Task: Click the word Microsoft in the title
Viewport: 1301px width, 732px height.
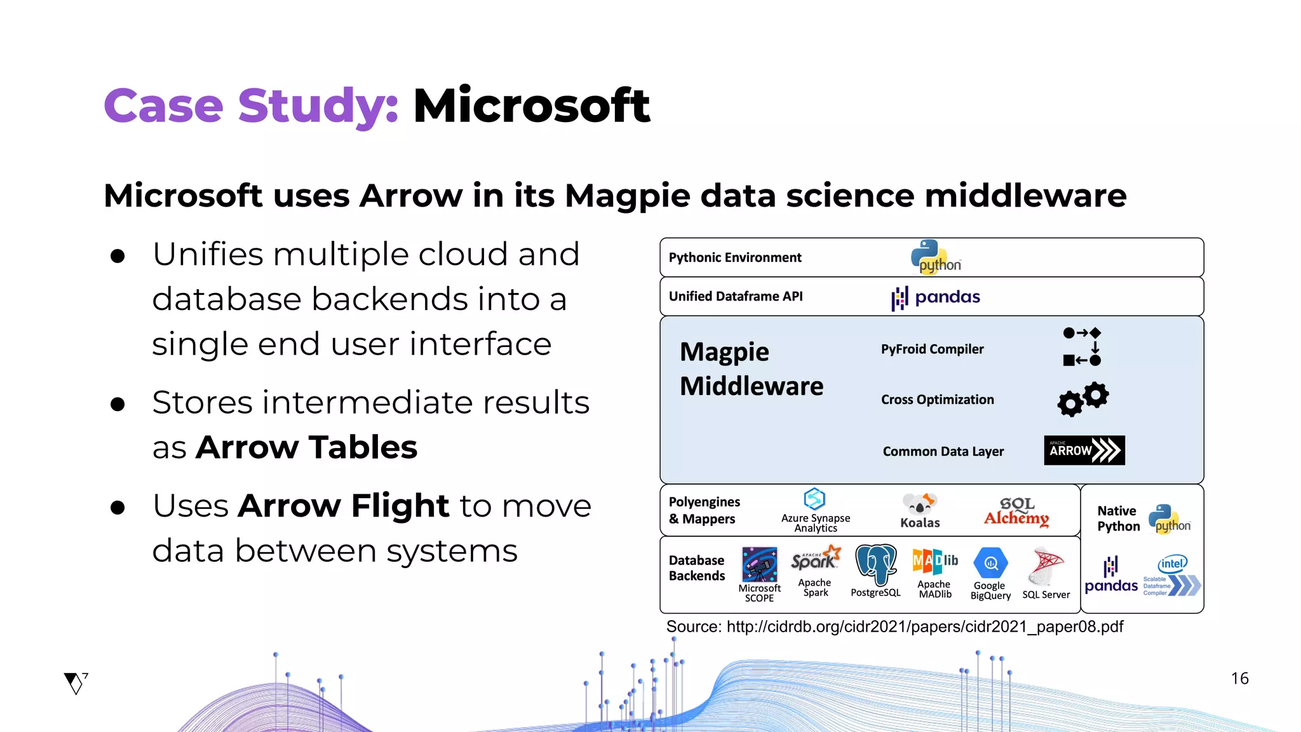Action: click(x=531, y=105)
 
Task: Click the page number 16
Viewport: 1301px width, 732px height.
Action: click(x=1239, y=678)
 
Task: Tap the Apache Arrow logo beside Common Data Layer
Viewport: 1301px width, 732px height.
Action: click(x=1084, y=450)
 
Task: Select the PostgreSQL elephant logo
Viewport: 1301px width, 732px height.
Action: click(x=875, y=564)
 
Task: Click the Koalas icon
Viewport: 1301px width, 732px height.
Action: click(x=919, y=504)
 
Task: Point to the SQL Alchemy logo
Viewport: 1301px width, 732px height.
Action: click(x=1016, y=512)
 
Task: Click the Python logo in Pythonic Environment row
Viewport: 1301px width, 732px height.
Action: click(x=935, y=257)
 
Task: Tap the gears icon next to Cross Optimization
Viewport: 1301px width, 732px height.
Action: click(x=1082, y=398)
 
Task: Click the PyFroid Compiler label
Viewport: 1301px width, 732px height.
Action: click(x=932, y=349)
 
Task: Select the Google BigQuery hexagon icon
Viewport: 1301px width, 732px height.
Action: click(x=990, y=563)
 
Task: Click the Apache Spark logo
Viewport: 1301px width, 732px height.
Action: click(x=816, y=559)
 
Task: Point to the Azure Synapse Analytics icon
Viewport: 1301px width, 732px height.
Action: click(x=814, y=499)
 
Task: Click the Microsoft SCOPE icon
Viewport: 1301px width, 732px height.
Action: click(x=759, y=564)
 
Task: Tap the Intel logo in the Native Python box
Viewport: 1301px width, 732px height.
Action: click(x=1171, y=564)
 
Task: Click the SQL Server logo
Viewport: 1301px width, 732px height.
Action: click(x=1046, y=566)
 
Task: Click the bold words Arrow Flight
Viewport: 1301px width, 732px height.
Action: click(x=344, y=506)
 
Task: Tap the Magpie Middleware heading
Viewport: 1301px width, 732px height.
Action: click(x=751, y=369)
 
